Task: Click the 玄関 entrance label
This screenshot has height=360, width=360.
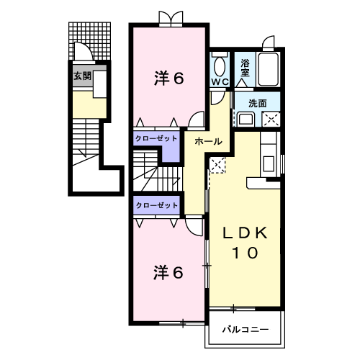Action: coord(82,76)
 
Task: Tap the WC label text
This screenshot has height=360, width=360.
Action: coord(220,82)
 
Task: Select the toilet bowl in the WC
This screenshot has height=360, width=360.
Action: coord(219,67)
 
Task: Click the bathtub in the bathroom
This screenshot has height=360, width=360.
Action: coord(267,69)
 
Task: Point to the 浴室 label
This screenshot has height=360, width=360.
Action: coord(245,68)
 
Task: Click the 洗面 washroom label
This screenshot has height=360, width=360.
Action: coord(258,104)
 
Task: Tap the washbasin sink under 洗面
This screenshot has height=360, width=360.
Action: coord(246,119)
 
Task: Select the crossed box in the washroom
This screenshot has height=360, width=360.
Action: coord(271,119)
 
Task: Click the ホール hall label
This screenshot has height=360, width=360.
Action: coord(208,142)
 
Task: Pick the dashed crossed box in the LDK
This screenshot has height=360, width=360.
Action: coord(217,165)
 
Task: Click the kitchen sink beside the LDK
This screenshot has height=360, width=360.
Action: coord(269,163)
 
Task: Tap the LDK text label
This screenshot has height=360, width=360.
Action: coord(246,233)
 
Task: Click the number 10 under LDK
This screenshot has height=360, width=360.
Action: coord(245,253)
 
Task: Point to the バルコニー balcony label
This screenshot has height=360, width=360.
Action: coord(246,330)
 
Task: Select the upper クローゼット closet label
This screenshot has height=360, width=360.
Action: coord(156,138)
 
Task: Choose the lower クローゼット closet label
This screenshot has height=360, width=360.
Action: coord(157,205)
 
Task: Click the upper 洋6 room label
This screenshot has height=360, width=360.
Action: coord(169,78)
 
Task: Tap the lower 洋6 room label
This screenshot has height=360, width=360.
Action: coord(168,273)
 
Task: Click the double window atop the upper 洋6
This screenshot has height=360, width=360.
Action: coord(171,19)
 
